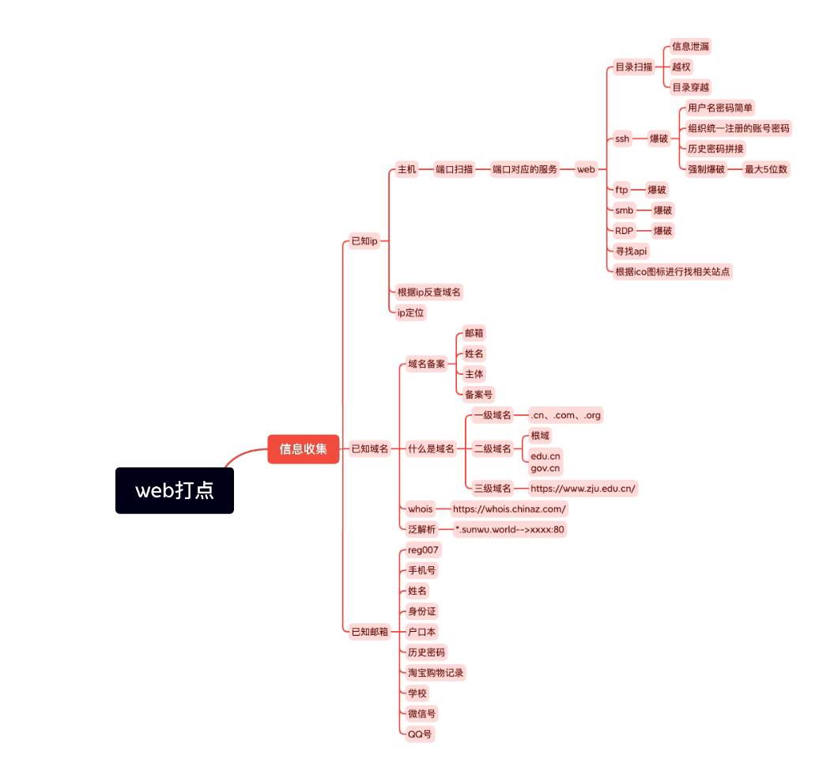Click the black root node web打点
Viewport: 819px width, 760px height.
pyautogui.click(x=175, y=490)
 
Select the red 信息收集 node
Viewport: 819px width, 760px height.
pyautogui.click(x=303, y=449)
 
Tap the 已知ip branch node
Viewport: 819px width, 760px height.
pyautogui.click(x=364, y=241)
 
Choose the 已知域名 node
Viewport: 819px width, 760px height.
pyautogui.click(x=370, y=449)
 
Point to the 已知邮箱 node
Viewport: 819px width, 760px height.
pyautogui.click(x=370, y=631)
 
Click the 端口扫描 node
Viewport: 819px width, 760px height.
pyautogui.click(x=455, y=169)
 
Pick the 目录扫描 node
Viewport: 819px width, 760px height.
pyautogui.click(x=634, y=67)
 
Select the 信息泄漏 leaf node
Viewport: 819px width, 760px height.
pyautogui.click(x=690, y=47)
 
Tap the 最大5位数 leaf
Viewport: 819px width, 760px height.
pyautogui.click(x=766, y=169)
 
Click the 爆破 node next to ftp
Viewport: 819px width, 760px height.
pyautogui.click(x=657, y=190)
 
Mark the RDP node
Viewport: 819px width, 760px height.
pyautogui.click(x=625, y=231)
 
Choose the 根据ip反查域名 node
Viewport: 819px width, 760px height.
pyautogui.click(x=429, y=292)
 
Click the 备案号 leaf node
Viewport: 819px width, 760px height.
pyautogui.click(x=479, y=394)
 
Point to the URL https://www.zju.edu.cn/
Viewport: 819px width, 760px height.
pyautogui.click(x=583, y=488)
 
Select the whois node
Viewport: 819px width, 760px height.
pyautogui.click(x=421, y=509)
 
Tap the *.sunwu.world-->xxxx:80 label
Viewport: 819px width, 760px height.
pyautogui.click(x=510, y=529)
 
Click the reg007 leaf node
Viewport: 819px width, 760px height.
pyautogui.click(x=424, y=550)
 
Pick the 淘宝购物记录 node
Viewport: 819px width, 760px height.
pyautogui.click(x=436, y=672)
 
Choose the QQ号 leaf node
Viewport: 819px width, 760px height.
pyautogui.click(x=420, y=734)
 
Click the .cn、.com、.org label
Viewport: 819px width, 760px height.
pyautogui.click(x=566, y=415)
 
